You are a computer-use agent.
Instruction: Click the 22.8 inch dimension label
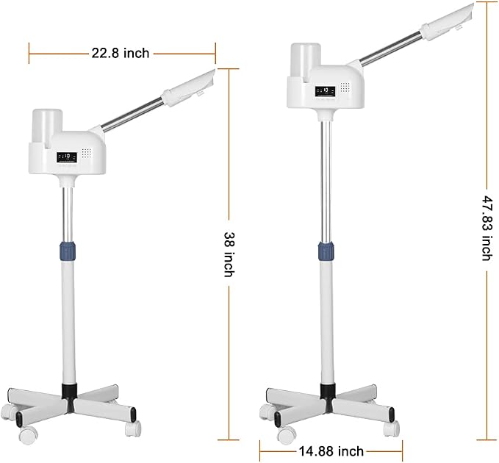click(x=121, y=53)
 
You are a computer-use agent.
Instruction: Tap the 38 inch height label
click(x=229, y=254)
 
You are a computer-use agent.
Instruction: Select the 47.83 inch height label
click(x=487, y=228)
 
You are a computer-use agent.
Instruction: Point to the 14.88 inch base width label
click(x=331, y=451)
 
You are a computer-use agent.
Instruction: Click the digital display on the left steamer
click(x=67, y=157)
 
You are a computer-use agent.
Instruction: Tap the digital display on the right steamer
click(x=326, y=91)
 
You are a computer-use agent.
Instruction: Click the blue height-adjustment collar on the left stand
click(x=68, y=251)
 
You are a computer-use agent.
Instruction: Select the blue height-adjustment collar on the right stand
click(x=326, y=251)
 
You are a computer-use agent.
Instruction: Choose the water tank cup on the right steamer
click(x=306, y=60)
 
